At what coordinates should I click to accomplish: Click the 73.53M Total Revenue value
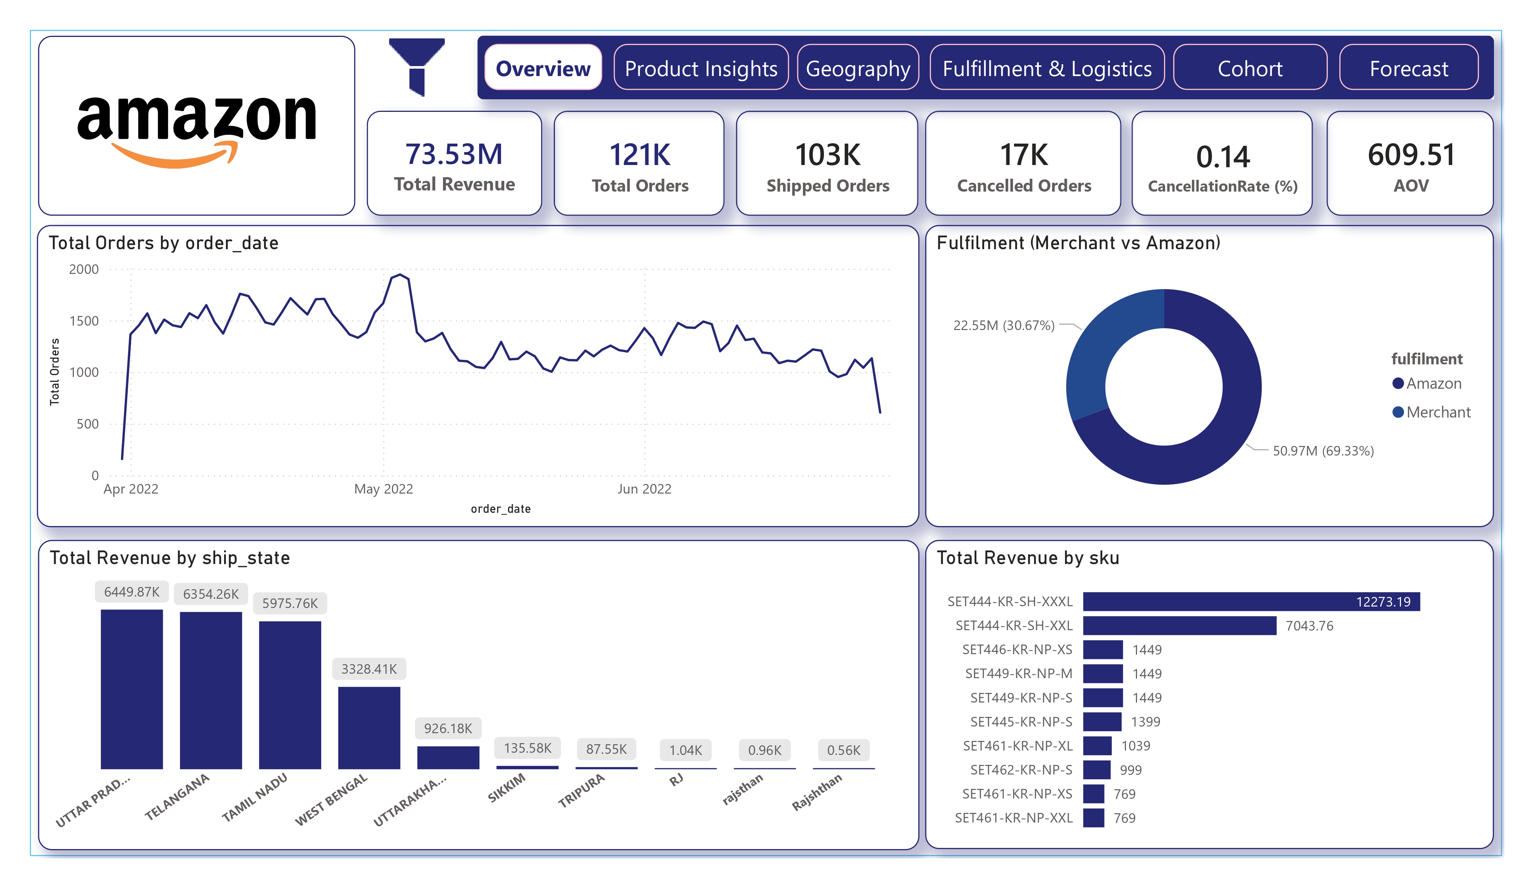tap(454, 154)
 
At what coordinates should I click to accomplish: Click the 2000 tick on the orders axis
tap(84, 269)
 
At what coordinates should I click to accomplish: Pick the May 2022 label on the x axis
tap(384, 489)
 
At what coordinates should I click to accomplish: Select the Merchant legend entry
tap(1438, 412)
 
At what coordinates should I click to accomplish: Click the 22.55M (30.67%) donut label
tap(1004, 325)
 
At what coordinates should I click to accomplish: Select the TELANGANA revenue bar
tap(211, 690)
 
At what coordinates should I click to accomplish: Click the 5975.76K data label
tap(290, 603)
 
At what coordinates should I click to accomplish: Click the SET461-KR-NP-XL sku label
tap(1018, 745)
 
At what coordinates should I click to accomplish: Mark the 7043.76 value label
tap(1309, 626)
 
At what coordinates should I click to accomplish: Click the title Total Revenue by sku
tap(1027, 558)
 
